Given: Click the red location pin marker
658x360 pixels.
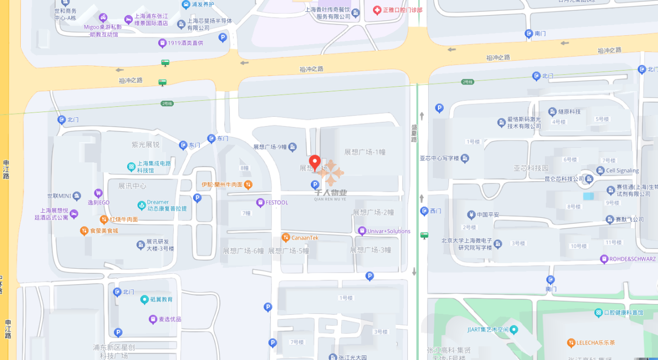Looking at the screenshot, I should click(x=314, y=162).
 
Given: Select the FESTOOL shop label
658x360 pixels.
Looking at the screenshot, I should click(x=277, y=202).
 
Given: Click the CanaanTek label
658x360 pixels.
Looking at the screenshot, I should click(x=305, y=238).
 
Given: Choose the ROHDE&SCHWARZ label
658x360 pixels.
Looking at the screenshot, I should click(x=632, y=259).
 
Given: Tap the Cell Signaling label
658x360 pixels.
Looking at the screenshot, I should click(x=622, y=171).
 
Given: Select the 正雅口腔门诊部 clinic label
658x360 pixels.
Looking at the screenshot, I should click(x=402, y=10).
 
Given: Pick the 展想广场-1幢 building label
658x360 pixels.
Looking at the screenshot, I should click(x=365, y=152).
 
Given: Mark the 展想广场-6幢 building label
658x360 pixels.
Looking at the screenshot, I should click(x=243, y=251).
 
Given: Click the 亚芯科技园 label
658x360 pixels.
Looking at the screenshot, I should click(x=531, y=168).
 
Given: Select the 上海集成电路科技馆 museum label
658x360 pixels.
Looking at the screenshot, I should click(x=154, y=167).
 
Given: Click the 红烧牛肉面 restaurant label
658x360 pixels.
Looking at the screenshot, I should click(x=124, y=219).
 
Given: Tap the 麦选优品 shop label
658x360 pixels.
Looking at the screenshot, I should click(x=170, y=319).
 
